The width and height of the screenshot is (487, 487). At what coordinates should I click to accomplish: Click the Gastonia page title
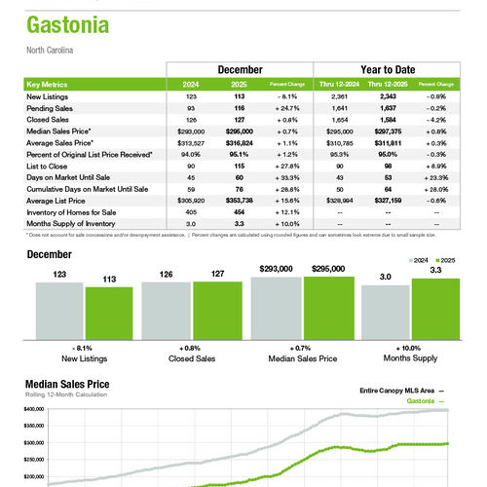66,23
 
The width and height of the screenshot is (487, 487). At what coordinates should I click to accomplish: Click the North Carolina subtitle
50,50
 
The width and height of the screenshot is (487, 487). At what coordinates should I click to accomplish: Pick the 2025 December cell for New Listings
237,96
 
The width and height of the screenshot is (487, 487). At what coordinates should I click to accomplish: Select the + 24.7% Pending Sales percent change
287,107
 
